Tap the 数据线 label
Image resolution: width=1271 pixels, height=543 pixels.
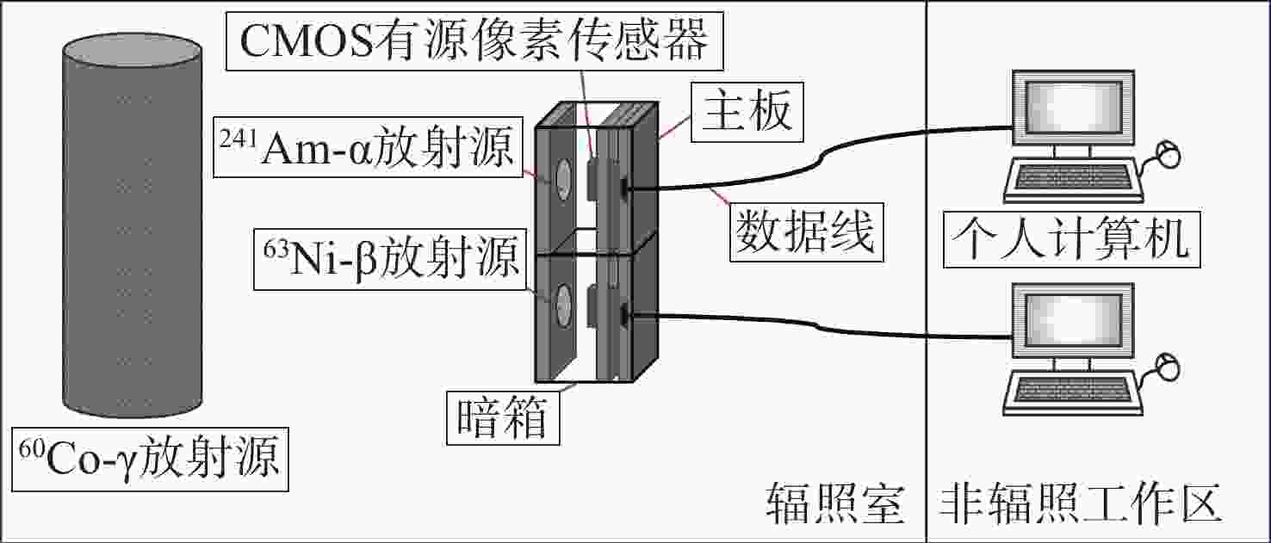coord(803,231)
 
